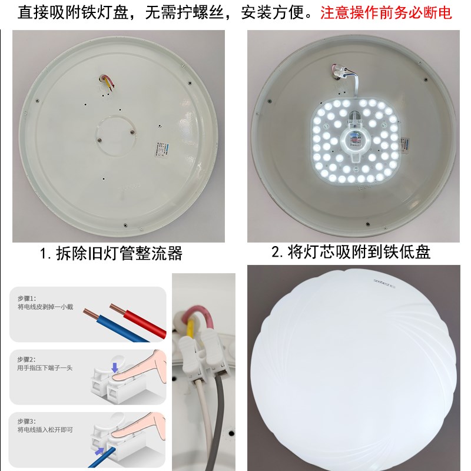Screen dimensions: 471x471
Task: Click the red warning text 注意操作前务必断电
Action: click(386, 13)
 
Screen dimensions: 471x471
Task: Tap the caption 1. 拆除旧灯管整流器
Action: click(111, 254)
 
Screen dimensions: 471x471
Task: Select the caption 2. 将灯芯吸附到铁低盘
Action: click(351, 253)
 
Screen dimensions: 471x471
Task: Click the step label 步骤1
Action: click(26, 298)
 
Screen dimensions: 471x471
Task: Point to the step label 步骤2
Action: click(26, 359)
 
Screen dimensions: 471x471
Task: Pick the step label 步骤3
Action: click(26, 421)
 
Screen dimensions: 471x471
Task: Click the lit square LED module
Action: click(353, 141)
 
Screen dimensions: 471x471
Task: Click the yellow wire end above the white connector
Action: click(192, 330)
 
